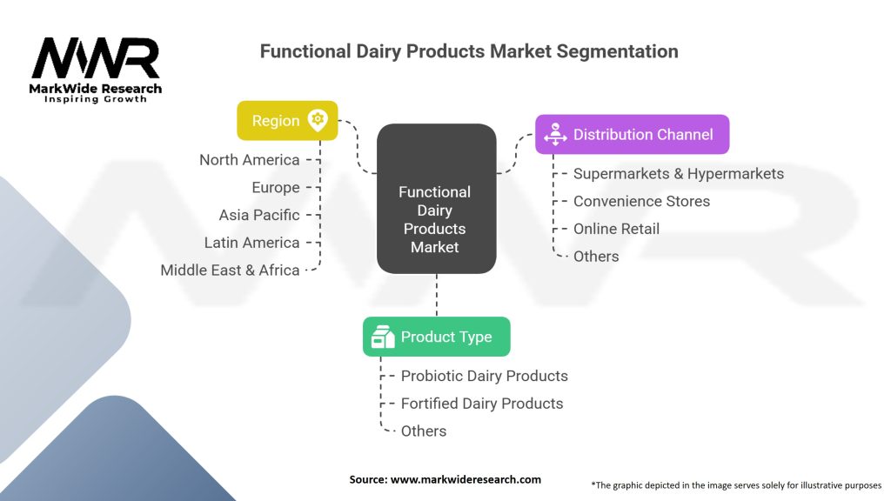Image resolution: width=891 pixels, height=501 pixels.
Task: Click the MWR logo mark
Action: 96,58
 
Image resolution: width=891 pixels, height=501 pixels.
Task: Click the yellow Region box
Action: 287,120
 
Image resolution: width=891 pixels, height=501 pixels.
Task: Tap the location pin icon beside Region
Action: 318,120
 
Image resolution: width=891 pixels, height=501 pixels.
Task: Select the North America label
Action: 250,160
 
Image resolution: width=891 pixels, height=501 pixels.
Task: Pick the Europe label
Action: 276,188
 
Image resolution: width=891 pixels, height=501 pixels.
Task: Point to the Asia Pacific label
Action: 259,215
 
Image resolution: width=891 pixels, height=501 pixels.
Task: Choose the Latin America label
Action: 251,243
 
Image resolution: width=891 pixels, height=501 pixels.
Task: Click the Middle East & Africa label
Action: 230,270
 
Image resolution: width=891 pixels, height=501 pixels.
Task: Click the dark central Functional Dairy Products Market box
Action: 437,199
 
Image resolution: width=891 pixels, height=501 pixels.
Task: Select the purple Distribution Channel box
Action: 632,134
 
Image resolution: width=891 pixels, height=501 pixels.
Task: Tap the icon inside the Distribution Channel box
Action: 555,134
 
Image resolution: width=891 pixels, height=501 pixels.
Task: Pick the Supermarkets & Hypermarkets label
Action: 679,173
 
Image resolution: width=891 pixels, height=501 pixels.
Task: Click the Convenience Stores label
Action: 641,201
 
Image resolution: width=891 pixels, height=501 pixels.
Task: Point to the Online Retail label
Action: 617,229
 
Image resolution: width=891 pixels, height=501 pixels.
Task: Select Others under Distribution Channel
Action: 596,257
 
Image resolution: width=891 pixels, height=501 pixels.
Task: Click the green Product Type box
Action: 437,337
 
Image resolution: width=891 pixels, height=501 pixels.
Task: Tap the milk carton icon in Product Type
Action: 383,337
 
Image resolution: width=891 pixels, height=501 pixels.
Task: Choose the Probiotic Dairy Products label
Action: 484,376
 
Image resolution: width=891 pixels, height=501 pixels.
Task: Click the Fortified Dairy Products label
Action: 482,404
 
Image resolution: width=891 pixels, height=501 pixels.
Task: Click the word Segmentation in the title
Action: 617,51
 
